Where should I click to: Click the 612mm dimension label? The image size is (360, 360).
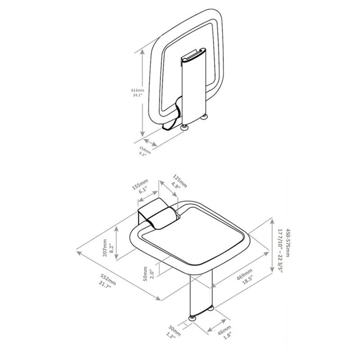138,90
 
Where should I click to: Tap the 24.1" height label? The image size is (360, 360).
138,95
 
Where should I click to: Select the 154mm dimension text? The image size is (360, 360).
145,149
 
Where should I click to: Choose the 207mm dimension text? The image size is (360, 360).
105,248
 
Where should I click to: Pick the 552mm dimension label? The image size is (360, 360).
108,279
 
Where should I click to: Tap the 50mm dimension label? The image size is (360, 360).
145,272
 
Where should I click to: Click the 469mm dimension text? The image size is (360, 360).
245,274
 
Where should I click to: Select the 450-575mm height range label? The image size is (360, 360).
288,243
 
